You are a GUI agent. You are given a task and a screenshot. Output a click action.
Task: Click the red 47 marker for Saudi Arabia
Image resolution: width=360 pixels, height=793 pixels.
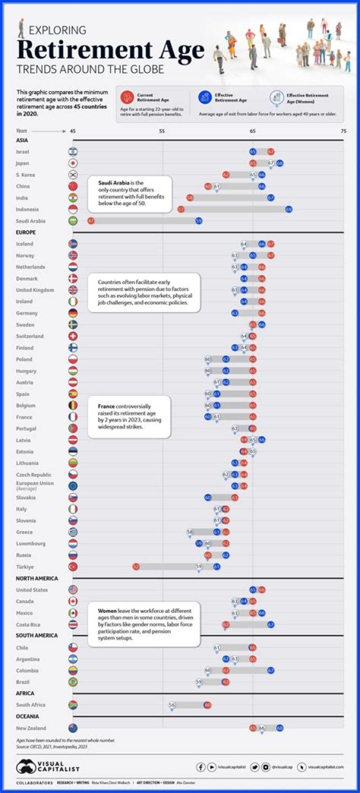coord(91,221)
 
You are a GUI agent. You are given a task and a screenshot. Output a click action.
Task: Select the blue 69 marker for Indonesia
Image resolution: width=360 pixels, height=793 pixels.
coord(289,209)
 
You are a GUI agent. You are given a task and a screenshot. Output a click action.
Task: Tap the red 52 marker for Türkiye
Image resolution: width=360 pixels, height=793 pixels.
coord(136,567)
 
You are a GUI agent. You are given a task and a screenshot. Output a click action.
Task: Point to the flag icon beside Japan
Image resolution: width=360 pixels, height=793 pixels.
coord(73,163)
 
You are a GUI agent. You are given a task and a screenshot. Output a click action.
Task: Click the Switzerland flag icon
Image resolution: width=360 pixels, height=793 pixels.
coord(73,336)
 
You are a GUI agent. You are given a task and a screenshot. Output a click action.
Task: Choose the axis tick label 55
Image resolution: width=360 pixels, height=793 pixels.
coord(162,131)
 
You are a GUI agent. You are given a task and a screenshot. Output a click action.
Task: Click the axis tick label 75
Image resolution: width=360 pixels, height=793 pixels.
coord(343,131)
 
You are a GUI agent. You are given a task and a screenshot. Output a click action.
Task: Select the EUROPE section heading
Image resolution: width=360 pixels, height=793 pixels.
coord(25,232)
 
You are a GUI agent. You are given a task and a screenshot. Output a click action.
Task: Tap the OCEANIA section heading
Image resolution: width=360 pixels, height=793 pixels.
coord(27,716)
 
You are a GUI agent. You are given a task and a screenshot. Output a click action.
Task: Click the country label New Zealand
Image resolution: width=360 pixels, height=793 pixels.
coord(31,728)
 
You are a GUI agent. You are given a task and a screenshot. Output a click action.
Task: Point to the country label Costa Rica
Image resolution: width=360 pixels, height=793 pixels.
coord(28,625)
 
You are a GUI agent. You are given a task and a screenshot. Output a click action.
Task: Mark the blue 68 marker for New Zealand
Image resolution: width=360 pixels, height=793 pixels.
coord(280,728)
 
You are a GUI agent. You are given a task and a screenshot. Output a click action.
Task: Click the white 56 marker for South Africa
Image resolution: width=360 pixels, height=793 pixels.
coord(172,705)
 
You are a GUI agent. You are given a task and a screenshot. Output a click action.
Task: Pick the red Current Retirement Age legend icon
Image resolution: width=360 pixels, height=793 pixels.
coord(127,97)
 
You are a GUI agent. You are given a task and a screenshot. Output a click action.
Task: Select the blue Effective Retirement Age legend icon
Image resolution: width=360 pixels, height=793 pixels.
coord(204,97)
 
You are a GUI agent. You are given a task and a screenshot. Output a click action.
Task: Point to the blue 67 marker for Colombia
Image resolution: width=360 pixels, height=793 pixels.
coord(271,671)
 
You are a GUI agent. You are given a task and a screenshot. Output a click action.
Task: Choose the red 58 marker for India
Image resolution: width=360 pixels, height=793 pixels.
coord(190,198)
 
